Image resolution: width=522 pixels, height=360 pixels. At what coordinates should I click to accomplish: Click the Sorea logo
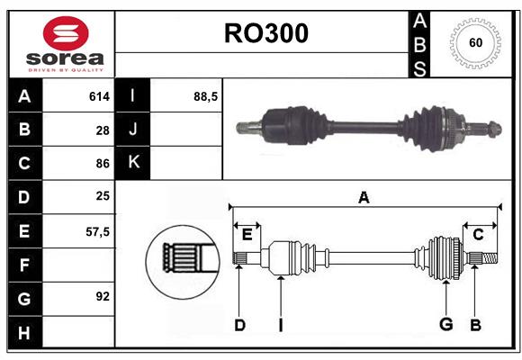61,45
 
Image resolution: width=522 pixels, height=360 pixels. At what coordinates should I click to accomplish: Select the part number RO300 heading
265,33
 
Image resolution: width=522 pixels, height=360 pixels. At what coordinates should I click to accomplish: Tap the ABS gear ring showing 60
473,43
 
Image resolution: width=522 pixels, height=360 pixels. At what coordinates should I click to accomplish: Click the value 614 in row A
99,96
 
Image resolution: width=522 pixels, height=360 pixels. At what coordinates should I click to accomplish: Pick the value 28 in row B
103,130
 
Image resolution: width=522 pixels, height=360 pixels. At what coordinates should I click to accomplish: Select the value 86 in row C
103,164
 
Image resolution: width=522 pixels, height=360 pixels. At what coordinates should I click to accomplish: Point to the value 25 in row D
103,197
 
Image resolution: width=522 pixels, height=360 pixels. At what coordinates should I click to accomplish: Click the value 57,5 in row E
97,230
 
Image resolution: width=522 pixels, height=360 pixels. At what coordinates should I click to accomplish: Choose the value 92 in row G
103,296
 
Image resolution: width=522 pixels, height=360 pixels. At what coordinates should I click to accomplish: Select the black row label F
24,265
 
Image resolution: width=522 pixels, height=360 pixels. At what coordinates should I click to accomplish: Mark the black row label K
133,163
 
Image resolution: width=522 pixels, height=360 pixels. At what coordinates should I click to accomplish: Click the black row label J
133,130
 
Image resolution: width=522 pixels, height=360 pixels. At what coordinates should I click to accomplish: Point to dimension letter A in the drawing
364,197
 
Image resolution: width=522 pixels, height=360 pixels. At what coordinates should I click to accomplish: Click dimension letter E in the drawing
246,235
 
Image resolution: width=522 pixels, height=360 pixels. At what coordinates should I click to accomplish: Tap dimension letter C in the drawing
478,235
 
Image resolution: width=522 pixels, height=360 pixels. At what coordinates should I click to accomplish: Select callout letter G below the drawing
445,324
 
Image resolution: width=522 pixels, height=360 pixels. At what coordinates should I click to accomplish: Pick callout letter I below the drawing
280,324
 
